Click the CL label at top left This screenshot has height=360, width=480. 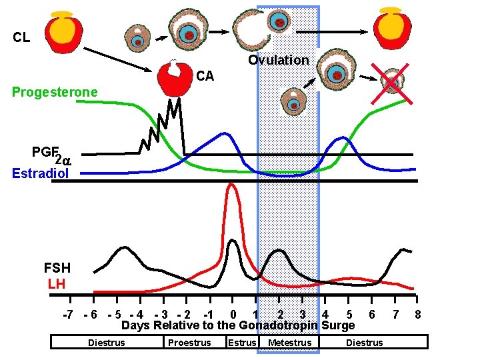click(21, 37)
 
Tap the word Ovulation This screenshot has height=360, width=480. click(279, 60)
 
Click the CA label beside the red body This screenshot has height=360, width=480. click(205, 76)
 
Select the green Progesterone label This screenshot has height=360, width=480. click(55, 92)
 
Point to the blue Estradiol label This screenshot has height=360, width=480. click(40, 173)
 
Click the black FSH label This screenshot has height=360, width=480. click(57, 269)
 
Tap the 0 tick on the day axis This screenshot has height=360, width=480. click(232, 314)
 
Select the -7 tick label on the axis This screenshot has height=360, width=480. click(67, 314)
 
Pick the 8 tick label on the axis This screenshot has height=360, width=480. click(417, 314)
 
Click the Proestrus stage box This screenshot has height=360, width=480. click(189, 343)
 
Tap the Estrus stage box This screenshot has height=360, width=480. click(241, 343)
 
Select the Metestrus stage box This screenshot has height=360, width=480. click(289, 343)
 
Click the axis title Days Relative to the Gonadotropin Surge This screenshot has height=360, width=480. click(238, 326)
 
